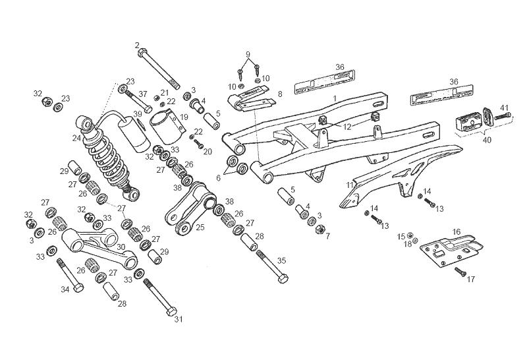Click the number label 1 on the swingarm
[335, 98]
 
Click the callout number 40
[487, 140]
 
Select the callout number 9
[248, 53]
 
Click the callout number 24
[78, 138]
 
